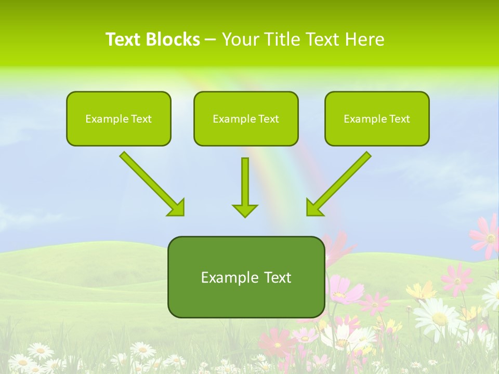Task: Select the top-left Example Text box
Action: [119, 118]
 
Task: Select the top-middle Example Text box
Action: [246, 118]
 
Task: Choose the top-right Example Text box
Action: [377, 118]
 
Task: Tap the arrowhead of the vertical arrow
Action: [245, 210]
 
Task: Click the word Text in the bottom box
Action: [275, 277]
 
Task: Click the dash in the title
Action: [211, 40]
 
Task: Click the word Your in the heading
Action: [240, 39]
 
